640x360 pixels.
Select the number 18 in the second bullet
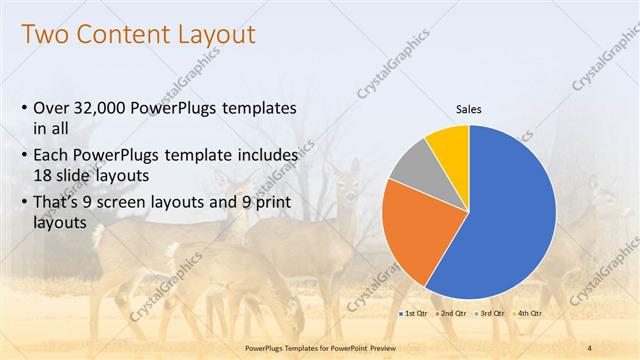43,173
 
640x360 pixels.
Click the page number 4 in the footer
588,347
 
